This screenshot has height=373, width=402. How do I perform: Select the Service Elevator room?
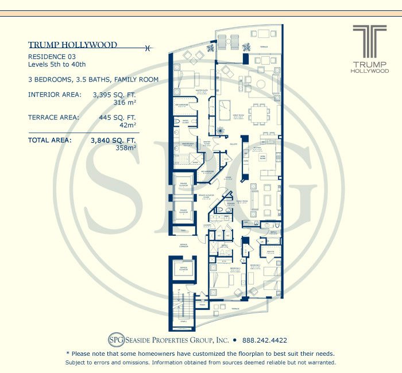coord(184,270)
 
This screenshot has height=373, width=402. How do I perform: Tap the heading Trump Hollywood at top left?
coord(72,45)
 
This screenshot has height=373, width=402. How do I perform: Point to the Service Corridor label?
coord(184,245)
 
